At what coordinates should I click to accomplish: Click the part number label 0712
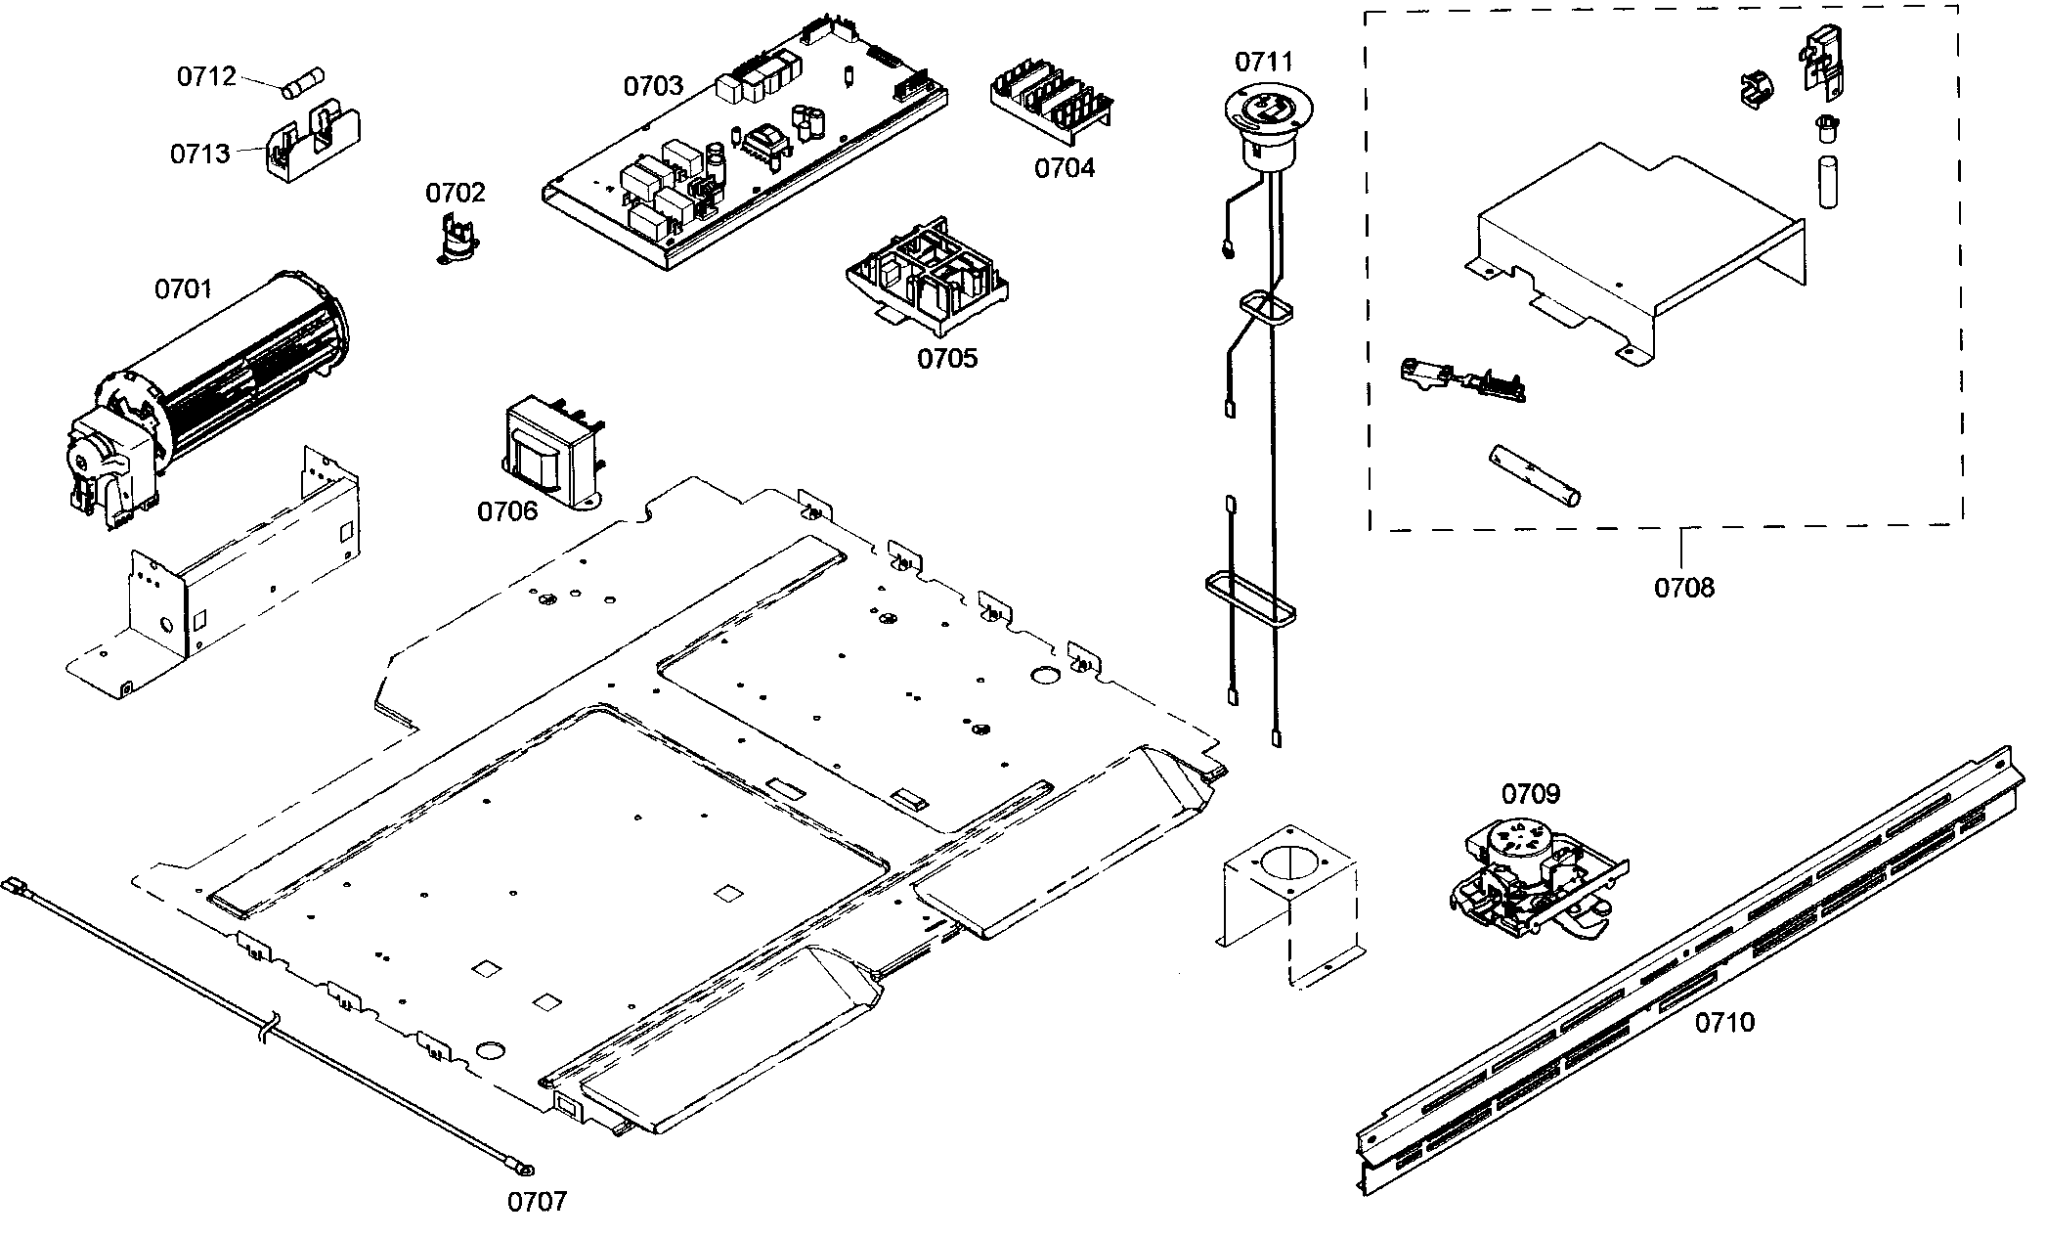tap(206, 76)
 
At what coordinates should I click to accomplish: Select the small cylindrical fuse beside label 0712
tap(303, 83)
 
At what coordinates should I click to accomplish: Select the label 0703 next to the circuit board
tap(653, 86)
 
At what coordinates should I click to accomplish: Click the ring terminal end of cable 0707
tap(525, 1167)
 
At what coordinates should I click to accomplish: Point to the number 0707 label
tap(537, 1202)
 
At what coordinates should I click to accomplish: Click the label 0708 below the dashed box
tap(1683, 588)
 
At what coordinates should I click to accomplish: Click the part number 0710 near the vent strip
tap(1724, 1023)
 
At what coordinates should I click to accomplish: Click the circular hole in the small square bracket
tap(1289, 867)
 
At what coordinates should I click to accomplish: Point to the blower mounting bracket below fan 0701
tap(225, 597)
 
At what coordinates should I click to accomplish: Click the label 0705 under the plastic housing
tap(946, 358)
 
